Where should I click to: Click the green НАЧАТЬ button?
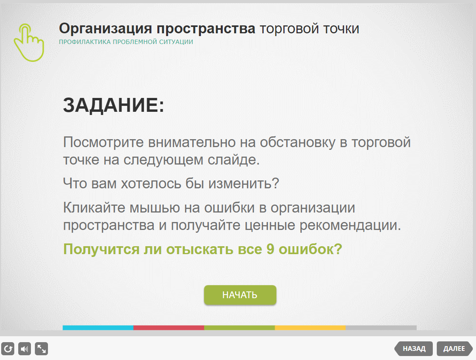pyautogui.click(x=240, y=295)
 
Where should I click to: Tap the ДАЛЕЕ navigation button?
pyautogui.click(x=455, y=349)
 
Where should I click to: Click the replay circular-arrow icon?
pyautogui.click(x=8, y=349)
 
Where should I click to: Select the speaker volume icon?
pyautogui.click(x=25, y=349)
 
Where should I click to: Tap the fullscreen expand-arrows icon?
pyautogui.click(x=42, y=349)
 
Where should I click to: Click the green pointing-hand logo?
pyautogui.click(x=29, y=43)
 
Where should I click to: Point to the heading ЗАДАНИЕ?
pyautogui.click(x=113, y=105)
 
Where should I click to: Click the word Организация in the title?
pyautogui.click(x=105, y=29)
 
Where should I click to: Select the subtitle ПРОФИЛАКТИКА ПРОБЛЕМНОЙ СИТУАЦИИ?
pyautogui.click(x=126, y=42)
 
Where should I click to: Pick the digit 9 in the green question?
pyautogui.click(x=270, y=249)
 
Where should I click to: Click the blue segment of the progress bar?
pyautogui.click(x=98, y=327)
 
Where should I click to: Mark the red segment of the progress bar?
pyautogui.click(x=169, y=327)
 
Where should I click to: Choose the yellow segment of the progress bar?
pyautogui.click(x=310, y=327)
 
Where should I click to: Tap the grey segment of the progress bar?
pyautogui.click(x=381, y=327)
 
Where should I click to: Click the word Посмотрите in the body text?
pyautogui.click(x=103, y=142)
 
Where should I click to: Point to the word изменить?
pyautogui.click(x=243, y=184)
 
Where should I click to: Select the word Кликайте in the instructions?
pyautogui.click(x=94, y=207)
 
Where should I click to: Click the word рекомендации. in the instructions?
pyautogui.click(x=350, y=226)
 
